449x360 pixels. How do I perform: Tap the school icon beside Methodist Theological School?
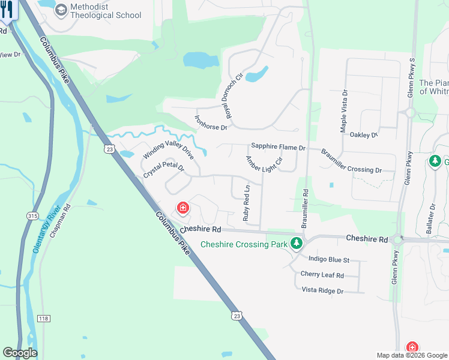pyautogui.click(x=60, y=10)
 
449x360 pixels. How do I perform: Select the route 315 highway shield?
pyautogui.click(x=32, y=215)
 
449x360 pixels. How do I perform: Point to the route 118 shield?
pyautogui.click(x=43, y=319)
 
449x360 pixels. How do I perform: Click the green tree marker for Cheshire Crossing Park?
pyautogui.click(x=295, y=244)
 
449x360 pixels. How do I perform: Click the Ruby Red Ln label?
pyautogui.click(x=246, y=203)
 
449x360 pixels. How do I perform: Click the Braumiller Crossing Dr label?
pyautogui.click(x=351, y=161)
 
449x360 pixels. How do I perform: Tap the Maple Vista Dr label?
pyautogui.click(x=344, y=111)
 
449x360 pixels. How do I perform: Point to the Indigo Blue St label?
pyautogui.click(x=328, y=260)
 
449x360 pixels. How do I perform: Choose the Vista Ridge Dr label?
pyautogui.click(x=322, y=291)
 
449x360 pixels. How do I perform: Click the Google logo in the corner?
pyautogui.click(x=20, y=353)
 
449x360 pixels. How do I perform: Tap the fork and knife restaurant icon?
pyautogui.click(x=7, y=10)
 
